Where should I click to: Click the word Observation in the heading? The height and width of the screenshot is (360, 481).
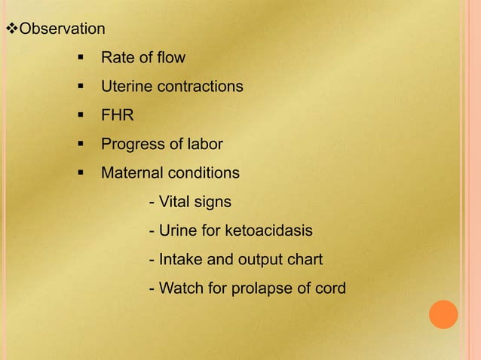[x=62, y=30]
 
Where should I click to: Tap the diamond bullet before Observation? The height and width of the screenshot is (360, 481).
[x=11, y=30]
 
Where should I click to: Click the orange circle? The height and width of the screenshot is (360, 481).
[x=444, y=314]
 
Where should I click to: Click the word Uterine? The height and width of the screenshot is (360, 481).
[x=126, y=87]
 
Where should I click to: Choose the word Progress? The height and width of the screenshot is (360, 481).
[x=131, y=144]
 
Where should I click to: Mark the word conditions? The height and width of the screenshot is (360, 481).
[x=204, y=173]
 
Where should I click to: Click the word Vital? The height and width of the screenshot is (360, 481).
[x=175, y=202]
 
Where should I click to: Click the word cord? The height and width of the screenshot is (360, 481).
[x=329, y=288]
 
